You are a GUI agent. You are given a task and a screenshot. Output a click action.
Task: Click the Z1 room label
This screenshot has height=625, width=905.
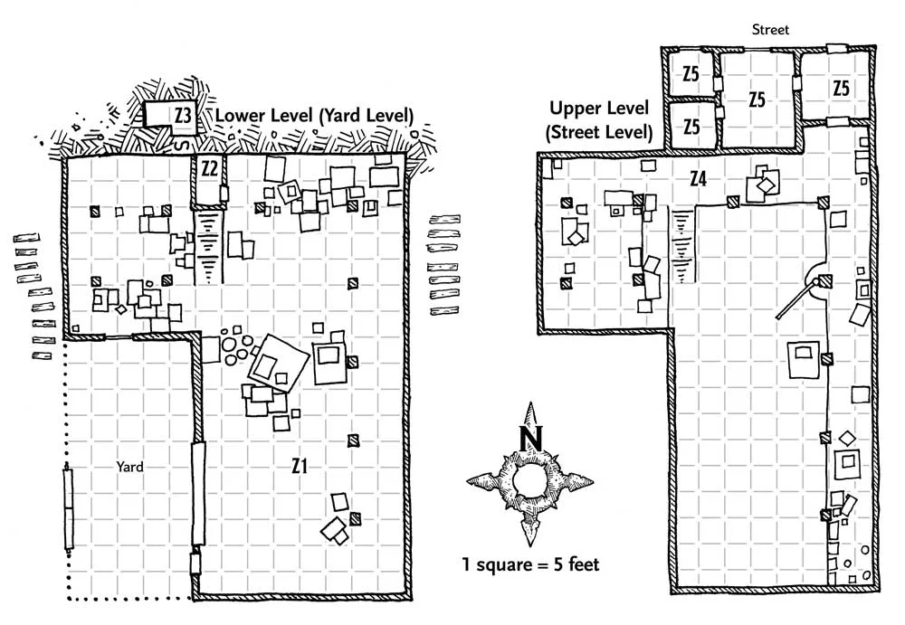click(299, 465)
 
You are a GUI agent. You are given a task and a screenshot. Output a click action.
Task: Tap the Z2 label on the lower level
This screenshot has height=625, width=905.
click(209, 168)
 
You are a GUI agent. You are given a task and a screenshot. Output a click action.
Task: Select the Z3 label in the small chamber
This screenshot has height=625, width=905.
click(183, 116)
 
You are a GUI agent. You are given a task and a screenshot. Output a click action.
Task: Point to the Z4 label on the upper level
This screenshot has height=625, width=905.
click(699, 179)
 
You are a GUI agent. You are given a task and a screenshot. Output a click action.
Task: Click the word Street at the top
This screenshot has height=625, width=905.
click(770, 30)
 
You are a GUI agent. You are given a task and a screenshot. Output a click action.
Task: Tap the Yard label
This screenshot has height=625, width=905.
click(129, 467)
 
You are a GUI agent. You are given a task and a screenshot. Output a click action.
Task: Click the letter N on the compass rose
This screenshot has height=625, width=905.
click(530, 439)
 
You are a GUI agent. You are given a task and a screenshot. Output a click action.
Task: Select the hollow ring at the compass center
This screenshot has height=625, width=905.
click(529, 480)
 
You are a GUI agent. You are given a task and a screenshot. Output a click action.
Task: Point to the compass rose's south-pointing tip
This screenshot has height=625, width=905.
click(530, 546)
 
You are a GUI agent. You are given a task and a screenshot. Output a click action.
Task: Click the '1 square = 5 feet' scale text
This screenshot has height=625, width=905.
click(530, 563)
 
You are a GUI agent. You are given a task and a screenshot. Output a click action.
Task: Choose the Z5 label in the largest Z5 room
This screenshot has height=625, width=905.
click(757, 99)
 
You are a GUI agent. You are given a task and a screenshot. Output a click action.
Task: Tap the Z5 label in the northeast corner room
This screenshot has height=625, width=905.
click(841, 88)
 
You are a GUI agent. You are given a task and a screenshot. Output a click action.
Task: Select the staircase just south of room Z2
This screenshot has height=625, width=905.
click(208, 247)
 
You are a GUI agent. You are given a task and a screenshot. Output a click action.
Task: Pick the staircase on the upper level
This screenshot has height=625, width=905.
click(682, 246)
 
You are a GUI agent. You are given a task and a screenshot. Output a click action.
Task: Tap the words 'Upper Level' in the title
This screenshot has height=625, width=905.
click(599, 108)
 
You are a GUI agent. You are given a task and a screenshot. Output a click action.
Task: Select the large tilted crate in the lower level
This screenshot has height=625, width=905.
click(278, 364)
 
